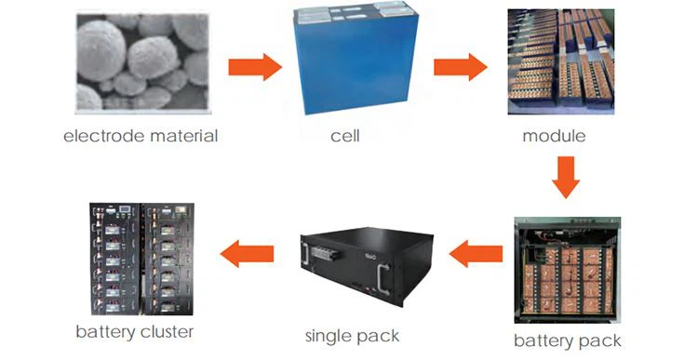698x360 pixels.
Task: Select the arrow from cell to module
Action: click(461, 66)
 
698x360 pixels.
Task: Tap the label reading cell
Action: click(344, 136)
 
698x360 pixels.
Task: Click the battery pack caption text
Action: click(567, 340)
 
